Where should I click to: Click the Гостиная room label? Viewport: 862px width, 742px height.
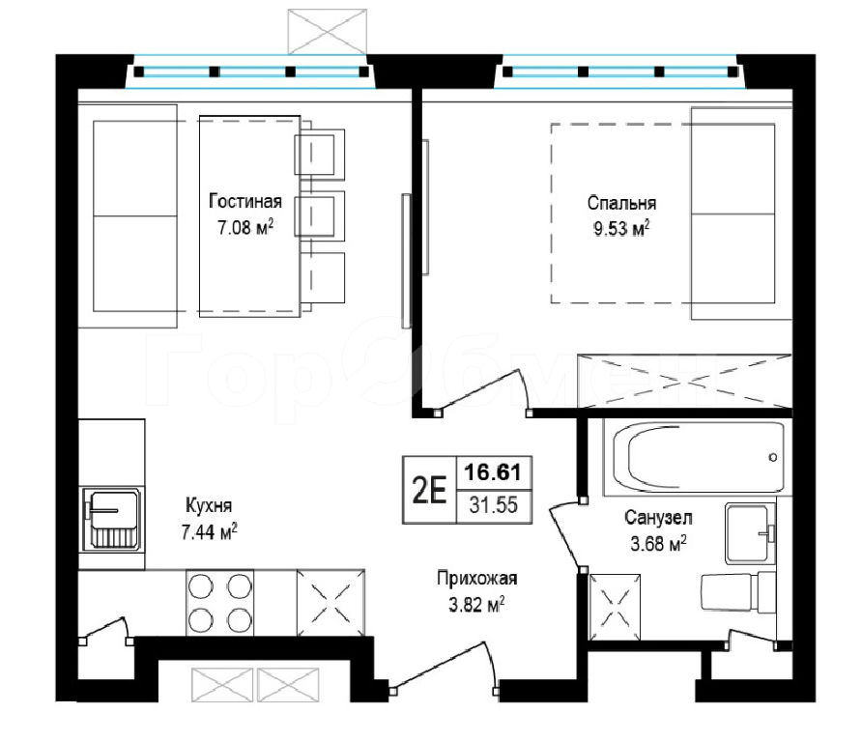pyautogui.click(x=245, y=202)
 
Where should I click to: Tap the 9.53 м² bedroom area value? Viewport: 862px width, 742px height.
pyautogui.click(x=621, y=228)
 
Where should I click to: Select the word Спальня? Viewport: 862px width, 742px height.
pyautogui.click(x=621, y=203)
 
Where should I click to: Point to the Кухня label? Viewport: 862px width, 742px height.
pyautogui.click(x=209, y=505)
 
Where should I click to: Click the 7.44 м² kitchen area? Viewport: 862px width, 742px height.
pyautogui.click(x=210, y=531)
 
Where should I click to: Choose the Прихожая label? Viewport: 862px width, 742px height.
pyautogui.click(x=477, y=578)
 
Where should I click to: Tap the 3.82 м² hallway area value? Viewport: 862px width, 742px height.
pyautogui.click(x=477, y=605)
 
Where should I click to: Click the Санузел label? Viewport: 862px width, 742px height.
pyautogui.click(x=658, y=517)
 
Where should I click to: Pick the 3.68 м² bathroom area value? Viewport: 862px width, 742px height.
pyautogui.click(x=658, y=544)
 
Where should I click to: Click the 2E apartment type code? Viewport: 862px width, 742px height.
pyautogui.click(x=429, y=490)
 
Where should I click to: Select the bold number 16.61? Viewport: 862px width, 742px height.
pyautogui.click(x=493, y=472)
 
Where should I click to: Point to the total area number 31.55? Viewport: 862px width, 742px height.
pyautogui.click(x=494, y=504)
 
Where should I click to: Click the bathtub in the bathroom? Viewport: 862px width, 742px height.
pyautogui.click(x=697, y=457)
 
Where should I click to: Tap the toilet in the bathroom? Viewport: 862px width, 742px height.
pyautogui.click(x=737, y=592)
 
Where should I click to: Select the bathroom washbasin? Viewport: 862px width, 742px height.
pyautogui.click(x=750, y=533)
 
